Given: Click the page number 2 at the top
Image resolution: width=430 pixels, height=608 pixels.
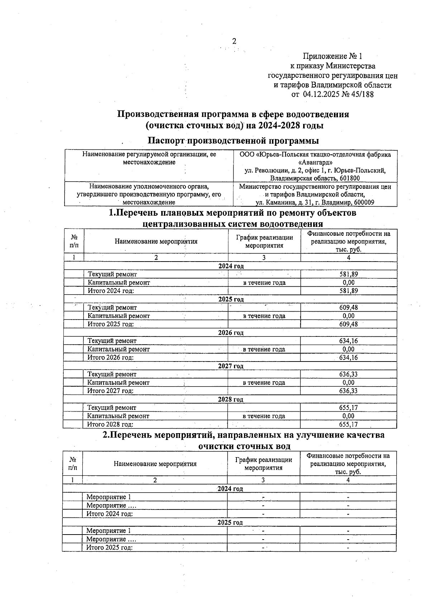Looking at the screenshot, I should click(x=234, y=41).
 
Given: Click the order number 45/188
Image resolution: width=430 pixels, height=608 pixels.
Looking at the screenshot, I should click(x=360, y=95).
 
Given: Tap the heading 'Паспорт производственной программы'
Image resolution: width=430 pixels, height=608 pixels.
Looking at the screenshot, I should click(x=233, y=140).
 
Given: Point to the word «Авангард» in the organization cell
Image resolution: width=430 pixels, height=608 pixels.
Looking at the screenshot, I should click(x=315, y=163).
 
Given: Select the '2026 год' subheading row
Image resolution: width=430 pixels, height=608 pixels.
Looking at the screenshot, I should click(x=230, y=332).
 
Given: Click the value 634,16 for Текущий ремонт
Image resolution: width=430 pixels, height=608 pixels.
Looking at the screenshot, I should click(x=348, y=341).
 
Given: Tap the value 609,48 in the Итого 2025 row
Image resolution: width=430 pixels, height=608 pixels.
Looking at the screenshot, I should click(x=348, y=324).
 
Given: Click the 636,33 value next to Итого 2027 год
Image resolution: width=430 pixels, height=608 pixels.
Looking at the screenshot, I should click(x=348, y=391).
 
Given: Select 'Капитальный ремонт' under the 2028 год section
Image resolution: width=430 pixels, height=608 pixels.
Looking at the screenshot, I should click(x=118, y=416).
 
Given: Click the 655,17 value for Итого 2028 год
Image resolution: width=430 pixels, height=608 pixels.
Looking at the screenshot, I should click(x=348, y=424).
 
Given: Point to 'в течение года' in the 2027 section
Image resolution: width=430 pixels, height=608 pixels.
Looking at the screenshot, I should click(x=264, y=382).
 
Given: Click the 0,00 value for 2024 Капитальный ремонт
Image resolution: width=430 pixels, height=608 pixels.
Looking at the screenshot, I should click(x=348, y=282).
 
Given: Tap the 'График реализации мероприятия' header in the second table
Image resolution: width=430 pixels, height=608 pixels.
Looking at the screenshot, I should click(x=263, y=464).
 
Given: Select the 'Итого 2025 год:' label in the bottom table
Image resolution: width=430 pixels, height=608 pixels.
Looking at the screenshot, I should click(x=110, y=547).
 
